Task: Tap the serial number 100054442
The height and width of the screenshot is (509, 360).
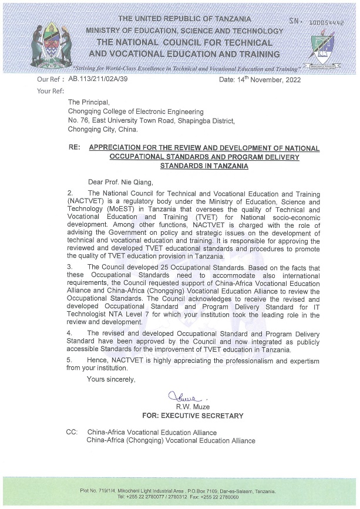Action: (326, 22)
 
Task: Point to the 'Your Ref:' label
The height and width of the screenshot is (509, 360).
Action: (50, 90)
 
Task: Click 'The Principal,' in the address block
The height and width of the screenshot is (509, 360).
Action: (89, 103)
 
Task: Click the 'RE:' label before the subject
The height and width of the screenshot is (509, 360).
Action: (75, 149)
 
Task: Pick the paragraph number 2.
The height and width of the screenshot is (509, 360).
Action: (70, 193)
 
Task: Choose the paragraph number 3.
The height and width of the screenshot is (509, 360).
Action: (70, 267)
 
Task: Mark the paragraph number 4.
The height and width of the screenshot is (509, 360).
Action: (70, 333)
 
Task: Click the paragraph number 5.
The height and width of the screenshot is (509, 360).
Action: (70, 359)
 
